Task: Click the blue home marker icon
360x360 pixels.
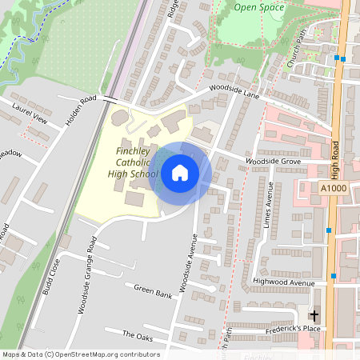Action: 180,172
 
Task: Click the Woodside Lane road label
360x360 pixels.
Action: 235,93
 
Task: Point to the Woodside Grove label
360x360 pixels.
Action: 273,162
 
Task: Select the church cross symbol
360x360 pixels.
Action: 314,316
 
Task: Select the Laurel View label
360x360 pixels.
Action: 30,114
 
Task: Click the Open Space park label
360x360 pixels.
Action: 259,8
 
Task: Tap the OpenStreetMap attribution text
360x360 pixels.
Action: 80,354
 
